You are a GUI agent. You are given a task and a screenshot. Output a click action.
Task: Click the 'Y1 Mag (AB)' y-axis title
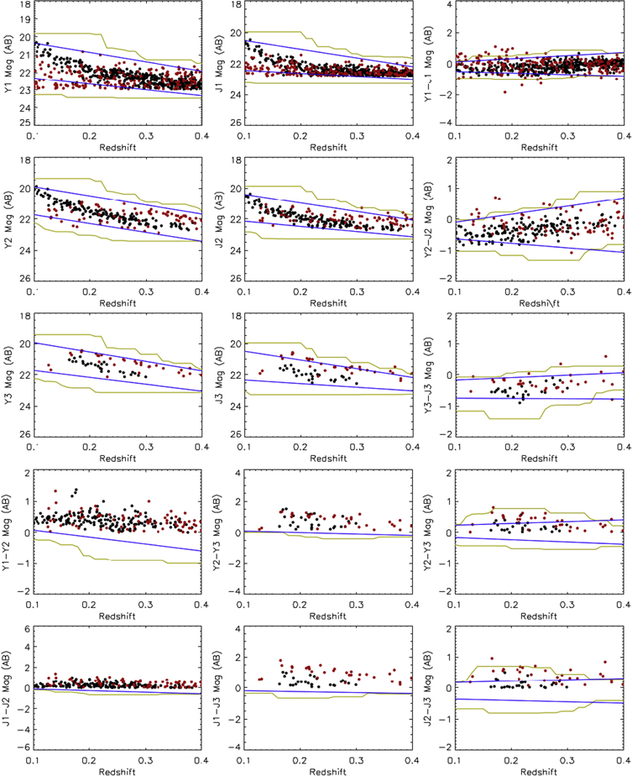pyautogui.click(x=8, y=64)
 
